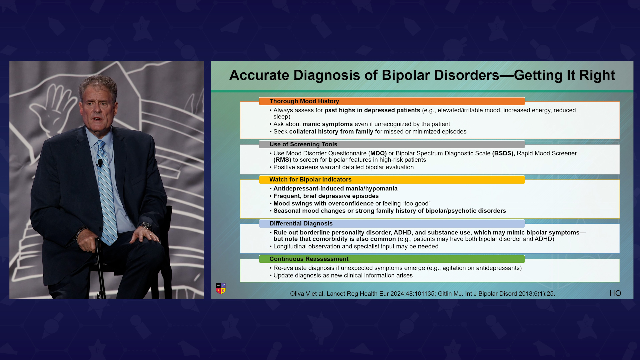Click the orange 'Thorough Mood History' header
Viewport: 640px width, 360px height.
pos(392,101)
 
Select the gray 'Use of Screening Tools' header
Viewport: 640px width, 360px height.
pos(392,144)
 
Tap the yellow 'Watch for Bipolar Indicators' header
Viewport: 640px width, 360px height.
pos(392,180)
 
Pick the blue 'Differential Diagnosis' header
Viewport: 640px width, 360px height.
pos(392,224)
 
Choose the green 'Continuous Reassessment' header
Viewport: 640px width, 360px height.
pos(392,259)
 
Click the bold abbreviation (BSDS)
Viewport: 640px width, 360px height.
pos(503,153)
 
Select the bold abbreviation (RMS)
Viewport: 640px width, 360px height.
pos(282,160)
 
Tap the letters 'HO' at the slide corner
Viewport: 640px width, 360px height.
pos(615,293)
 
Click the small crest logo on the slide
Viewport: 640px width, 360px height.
pos(221,288)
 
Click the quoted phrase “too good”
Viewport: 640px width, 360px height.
pos(416,204)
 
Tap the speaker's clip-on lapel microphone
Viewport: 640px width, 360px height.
pos(100,163)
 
